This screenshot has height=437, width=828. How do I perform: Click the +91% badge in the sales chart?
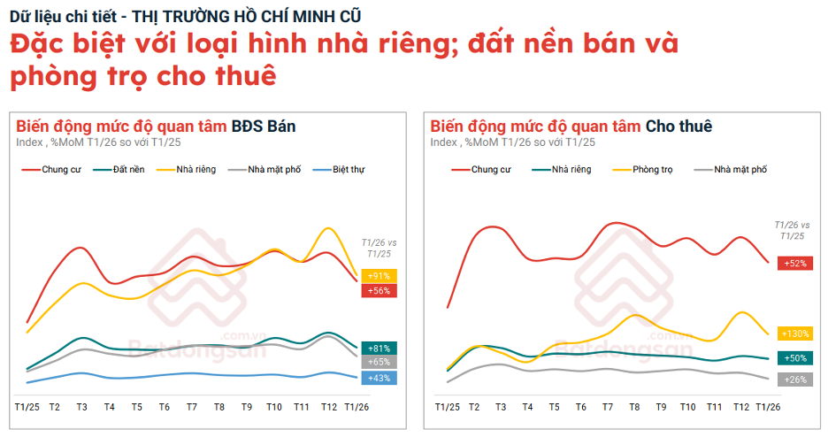click(379, 276)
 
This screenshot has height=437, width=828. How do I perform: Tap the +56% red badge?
click(379, 290)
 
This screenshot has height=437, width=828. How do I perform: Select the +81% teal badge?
click(379, 349)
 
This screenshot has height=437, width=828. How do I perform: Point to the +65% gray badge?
click(379, 362)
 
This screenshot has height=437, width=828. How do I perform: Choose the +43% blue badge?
click(379, 378)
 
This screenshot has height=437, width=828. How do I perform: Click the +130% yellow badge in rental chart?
click(794, 333)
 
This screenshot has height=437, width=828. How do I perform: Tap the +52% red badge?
click(794, 263)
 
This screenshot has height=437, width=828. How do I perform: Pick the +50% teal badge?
click(794, 358)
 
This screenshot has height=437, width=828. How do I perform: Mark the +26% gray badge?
click(794, 379)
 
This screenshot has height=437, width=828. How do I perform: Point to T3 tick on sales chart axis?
click(81, 406)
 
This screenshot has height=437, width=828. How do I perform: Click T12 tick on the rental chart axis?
click(740, 406)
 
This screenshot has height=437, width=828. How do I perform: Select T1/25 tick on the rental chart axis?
click(447, 406)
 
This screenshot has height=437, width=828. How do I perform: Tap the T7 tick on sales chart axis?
click(192, 406)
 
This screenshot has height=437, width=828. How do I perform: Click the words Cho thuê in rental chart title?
click(678, 126)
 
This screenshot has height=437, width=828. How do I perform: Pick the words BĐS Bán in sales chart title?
click(264, 126)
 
